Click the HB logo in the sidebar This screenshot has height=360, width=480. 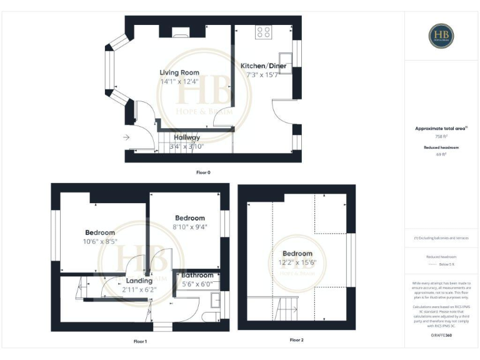(441, 36)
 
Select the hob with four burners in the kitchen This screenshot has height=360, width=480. (263, 32)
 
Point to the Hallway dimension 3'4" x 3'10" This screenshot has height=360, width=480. (187, 147)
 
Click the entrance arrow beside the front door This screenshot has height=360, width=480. (127, 137)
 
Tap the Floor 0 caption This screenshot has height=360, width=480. (202, 171)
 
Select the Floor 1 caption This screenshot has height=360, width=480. (140, 341)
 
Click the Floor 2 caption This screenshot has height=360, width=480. (296, 340)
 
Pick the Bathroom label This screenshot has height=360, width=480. (197, 275)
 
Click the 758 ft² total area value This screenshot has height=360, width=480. (441, 136)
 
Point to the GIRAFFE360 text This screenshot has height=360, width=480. (441, 336)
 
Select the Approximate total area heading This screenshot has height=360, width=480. (441, 128)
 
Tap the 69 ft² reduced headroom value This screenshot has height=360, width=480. (441, 154)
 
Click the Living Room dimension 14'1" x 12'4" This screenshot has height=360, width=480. (179, 81)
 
